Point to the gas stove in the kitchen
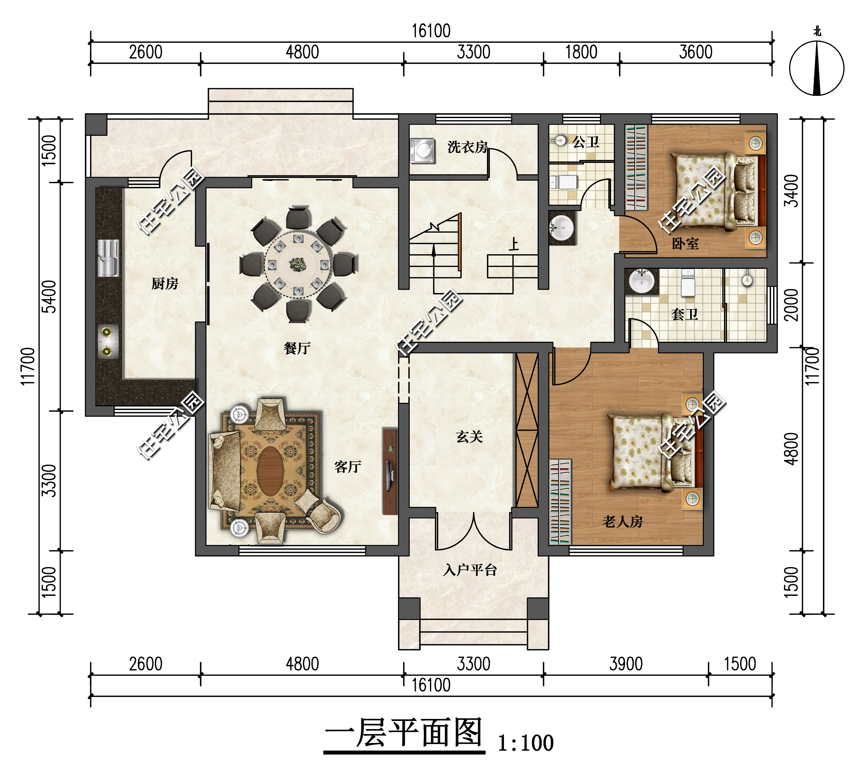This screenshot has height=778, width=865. [107, 341]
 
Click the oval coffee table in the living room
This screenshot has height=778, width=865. [270, 471]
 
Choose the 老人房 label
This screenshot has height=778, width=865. [623, 522]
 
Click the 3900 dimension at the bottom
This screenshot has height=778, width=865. [626, 664]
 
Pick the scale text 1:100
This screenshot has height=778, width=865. [525, 743]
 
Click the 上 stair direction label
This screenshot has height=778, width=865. [514, 244]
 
